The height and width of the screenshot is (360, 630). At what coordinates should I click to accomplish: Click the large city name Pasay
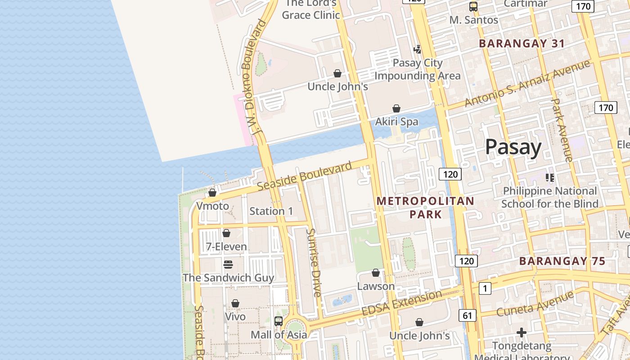click(x=513, y=147)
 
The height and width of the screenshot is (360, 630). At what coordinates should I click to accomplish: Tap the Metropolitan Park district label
click(x=425, y=207)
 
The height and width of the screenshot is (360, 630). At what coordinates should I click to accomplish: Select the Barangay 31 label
click(x=522, y=44)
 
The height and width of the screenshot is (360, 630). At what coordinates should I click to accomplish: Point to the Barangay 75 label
click(x=562, y=261)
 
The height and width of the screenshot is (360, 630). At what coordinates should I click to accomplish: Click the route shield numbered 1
click(x=485, y=288)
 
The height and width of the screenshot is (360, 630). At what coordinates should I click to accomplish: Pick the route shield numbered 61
click(x=468, y=315)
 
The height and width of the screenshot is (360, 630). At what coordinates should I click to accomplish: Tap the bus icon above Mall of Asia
click(x=279, y=321)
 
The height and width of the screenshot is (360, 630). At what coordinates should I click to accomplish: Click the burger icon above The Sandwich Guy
click(x=228, y=264)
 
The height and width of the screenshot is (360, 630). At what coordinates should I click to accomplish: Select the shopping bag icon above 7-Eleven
click(x=226, y=233)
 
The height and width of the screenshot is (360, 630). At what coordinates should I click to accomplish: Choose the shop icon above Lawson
click(x=376, y=273)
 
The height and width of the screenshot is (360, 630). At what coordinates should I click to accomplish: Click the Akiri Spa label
click(x=396, y=121)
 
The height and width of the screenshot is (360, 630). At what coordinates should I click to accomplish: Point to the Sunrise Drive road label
click(x=314, y=263)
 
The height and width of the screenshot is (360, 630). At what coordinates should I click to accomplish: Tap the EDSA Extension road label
click(x=402, y=302)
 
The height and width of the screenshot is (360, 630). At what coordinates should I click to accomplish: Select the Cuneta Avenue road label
click(x=535, y=304)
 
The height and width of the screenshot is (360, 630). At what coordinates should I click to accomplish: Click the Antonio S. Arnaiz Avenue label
click(x=527, y=83)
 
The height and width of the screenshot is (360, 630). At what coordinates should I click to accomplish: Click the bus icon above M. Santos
click(x=473, y=7)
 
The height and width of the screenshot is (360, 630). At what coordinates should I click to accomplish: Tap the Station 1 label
click(x=271, y=211)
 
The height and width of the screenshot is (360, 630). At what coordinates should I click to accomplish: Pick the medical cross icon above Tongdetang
click(x=522, y=333)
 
